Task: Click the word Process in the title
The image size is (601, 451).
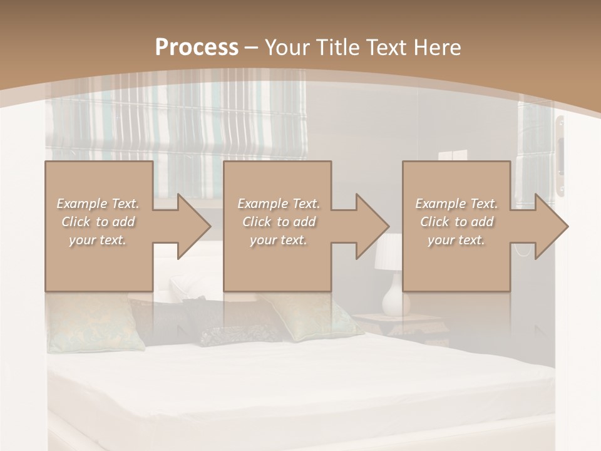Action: [x=197, y=48]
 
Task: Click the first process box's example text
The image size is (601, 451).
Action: [x=98, y=222]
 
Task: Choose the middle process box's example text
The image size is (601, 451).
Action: [x=279, y=222]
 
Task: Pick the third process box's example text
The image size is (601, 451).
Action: [x=456, y=222]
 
